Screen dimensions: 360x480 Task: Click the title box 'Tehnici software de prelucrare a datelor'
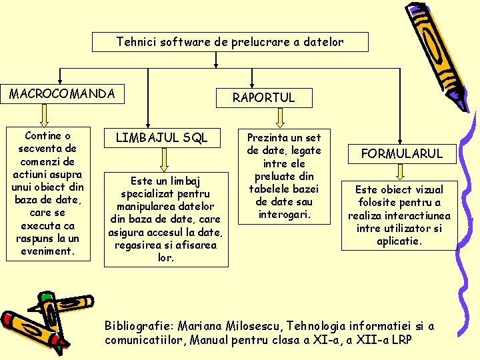[x=230, y=42]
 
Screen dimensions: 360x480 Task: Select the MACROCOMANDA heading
[x=62, y=93]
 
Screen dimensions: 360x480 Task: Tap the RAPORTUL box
[x=263, y=97]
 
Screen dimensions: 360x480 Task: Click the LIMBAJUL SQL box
[x=162, y=138]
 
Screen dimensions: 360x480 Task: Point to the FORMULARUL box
[x=401, y=153]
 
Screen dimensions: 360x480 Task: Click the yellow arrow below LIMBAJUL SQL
[x=164, y=161]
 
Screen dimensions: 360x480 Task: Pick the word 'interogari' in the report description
[x=283, y=214]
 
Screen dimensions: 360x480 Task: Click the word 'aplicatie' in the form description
[x=399, y=241]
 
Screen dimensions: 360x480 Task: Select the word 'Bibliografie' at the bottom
[x=137, y=326]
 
